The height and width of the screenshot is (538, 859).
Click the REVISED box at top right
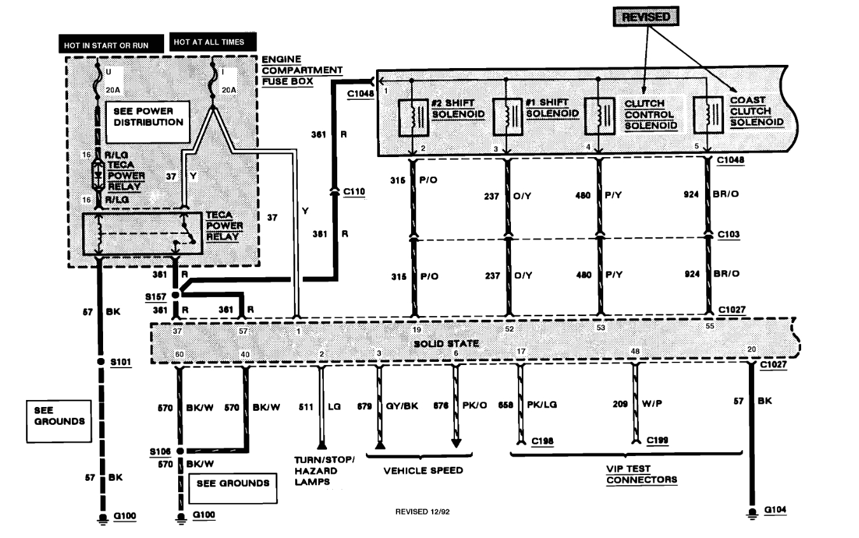(x=645, y=17)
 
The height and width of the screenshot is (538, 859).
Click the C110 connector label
(x=354, y=190)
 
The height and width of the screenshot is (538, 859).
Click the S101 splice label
(x=121, y=362)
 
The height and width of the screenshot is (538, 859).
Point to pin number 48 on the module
(x=634, y=351)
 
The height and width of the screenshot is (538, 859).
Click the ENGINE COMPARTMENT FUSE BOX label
(x=302, y=69)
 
